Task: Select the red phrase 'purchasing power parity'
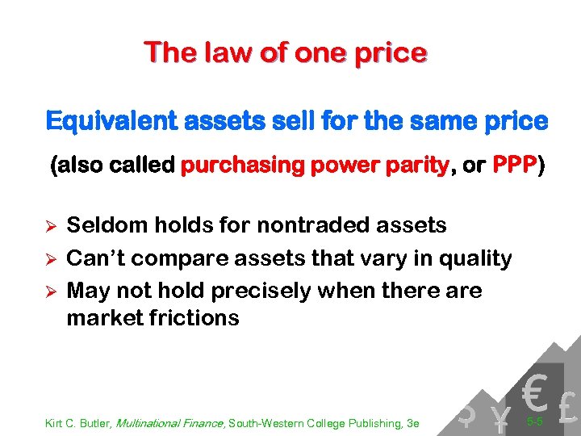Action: [x=315, y=166]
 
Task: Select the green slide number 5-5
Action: [x=533, y=421]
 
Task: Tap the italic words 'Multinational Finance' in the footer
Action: [x=171, y=423]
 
